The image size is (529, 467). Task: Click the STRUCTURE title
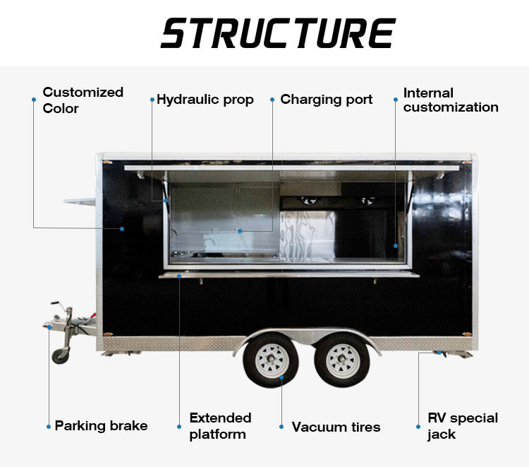(278, 32)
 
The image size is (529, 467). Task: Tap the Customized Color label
(83, 100)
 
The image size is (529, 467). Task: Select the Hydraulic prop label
(205, 100)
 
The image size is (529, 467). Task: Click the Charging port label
(327, 100)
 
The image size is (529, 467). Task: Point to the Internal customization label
(451, 100)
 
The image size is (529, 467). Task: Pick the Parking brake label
(101, 426)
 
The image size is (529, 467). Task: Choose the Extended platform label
(220, 426)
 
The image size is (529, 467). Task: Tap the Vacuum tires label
(336, 427)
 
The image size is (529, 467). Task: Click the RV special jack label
(463, 426)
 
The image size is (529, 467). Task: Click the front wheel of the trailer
(271, 360)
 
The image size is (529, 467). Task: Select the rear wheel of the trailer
(342, 360)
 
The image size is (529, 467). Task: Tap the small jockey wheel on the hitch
(61, 355)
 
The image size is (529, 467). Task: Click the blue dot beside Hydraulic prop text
(152, 100)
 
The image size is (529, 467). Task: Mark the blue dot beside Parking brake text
(49, 427)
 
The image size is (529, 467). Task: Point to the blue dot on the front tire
(281, 377)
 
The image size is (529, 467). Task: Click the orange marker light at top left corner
(107, 162)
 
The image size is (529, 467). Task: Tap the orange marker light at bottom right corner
(466, 334)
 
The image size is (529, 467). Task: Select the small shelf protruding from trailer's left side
(80, 201)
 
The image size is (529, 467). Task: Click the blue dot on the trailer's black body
(122, 229)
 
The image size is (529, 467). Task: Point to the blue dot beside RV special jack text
(418, 427)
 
